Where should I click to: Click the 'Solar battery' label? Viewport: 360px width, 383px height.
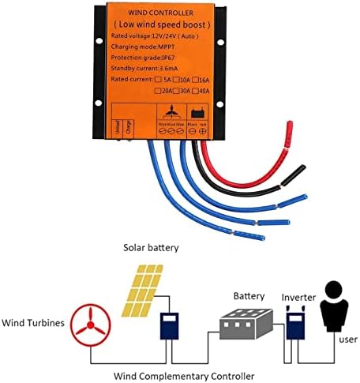[x=150, y=247]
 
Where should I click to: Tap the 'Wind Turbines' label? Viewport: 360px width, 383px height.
[x=33, y=324]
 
